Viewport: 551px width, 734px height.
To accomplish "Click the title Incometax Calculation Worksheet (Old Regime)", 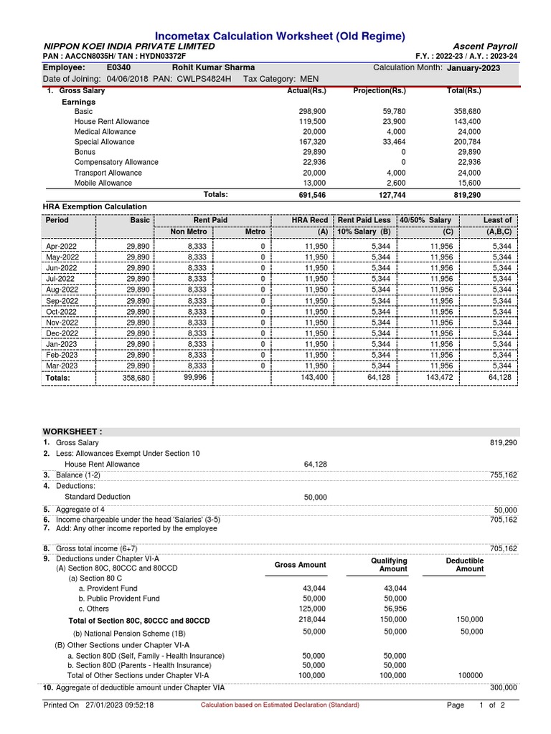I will [281, 36].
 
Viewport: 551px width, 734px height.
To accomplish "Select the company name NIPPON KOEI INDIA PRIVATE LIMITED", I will [129, 46].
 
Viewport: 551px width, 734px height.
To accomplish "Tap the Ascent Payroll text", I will [486, 46].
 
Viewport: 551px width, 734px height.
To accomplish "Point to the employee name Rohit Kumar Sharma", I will [213, 67].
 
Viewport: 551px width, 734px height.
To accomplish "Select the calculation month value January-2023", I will [474, 68].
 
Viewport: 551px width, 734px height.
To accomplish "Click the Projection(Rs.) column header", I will [380, 91].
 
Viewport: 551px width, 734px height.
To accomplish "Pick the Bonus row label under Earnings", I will [85, 153].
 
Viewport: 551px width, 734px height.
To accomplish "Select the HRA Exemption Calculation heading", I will [95, 206].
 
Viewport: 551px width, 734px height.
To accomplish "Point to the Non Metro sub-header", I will [188, 232].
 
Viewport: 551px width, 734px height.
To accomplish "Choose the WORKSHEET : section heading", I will [72, 432].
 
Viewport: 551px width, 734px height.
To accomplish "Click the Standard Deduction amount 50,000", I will [315, 497].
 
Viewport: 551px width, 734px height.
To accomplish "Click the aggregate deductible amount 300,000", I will [503, 687].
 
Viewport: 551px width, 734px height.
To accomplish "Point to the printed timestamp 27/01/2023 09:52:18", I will [119, 705].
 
